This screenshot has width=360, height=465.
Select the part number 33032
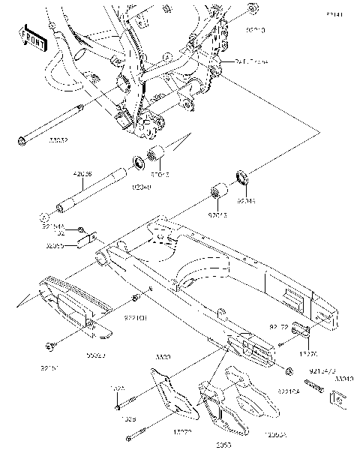pyautogui.click(x=59, y=139)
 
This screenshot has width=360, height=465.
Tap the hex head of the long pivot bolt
pyautogui.click(x=22, y=138)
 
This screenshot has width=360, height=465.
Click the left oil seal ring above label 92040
pyautogui.click(x=139, y=162)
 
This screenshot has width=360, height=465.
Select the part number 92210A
pyautogui.click(x=288, y=391)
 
